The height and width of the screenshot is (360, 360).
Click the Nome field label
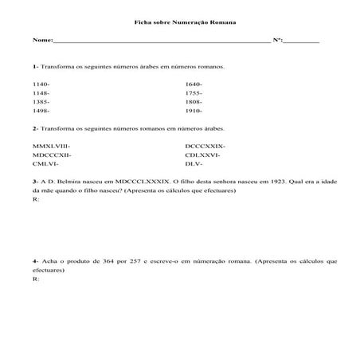[42, 39]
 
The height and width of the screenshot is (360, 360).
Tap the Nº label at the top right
[279, 39]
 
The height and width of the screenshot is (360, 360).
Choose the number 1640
[193, 84]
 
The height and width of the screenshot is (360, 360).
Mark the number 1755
[193, 93]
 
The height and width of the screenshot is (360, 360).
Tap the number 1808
[193, 102]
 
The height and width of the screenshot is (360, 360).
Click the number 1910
[193, 112]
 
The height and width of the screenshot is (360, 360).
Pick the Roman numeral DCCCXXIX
[204, 146]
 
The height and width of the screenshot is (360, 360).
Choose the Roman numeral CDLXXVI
[202, 155]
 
